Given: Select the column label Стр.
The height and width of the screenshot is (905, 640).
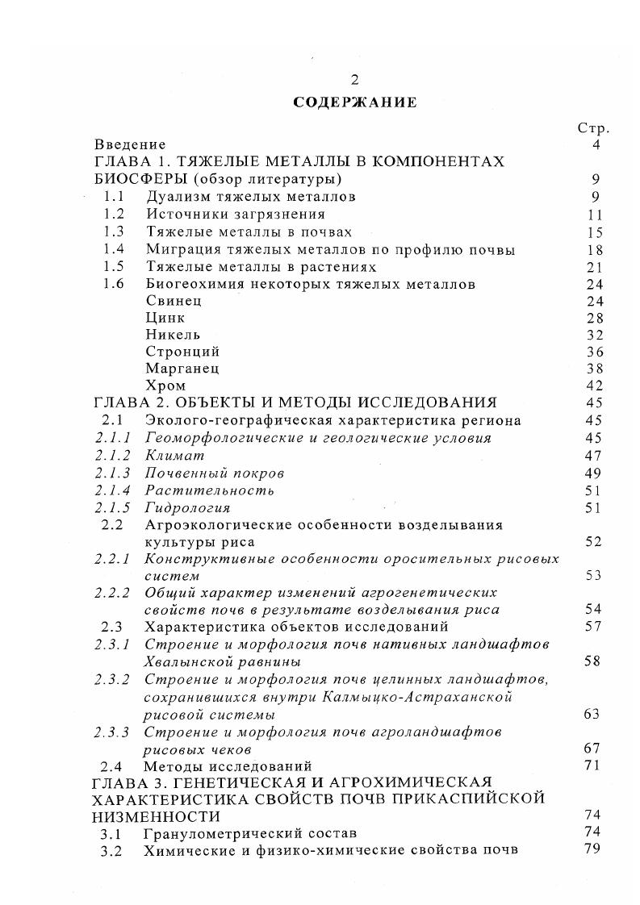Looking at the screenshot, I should pyautogui.click(x=593, y=128).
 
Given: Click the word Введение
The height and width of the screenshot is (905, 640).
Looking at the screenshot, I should pyautogui.click(x=130, y=145).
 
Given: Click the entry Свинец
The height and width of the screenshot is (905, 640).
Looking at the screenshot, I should pyautogui.click(x=174, y=301).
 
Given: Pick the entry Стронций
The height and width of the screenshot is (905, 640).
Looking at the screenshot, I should pyautogui.click(x=182, y=352).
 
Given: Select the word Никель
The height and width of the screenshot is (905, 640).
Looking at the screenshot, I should pyautogui.click(x=173, y=335).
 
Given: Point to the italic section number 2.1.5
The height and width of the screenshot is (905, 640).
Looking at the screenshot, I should pyautogui.click(x=113, y=507).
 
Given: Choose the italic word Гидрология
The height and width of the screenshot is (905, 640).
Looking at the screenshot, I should pyautogui.click(x=188, y=507).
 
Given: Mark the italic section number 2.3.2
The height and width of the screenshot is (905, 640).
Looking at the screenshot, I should pyautogui.click(x=113, y=679).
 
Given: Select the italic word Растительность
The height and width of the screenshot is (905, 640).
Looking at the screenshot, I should pyautogui.click(x=210, y=490).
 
